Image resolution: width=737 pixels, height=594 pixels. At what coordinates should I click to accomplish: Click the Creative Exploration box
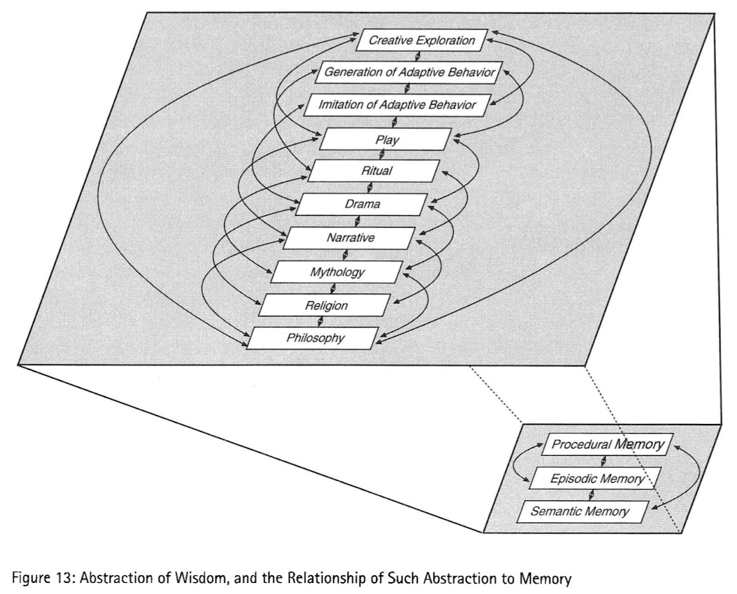[422, 40]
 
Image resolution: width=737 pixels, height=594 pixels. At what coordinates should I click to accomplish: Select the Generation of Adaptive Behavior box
[409, 72]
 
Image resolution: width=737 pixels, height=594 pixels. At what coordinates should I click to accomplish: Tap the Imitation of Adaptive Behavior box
[398, 105]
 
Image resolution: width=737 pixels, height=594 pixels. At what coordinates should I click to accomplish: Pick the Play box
[386, 139]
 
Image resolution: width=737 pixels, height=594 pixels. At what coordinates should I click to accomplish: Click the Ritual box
[373, 171]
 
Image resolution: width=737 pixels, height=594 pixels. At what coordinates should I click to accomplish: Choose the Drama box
[362, 205]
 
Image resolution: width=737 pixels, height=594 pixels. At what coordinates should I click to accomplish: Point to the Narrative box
[350, 238]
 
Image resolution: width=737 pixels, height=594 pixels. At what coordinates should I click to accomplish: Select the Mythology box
[337, 271]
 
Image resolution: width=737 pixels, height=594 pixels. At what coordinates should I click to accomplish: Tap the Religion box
[325, 305]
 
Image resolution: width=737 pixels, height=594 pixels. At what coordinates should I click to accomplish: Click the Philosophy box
[313, 338]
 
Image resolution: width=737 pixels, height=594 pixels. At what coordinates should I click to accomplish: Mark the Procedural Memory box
[607, 445]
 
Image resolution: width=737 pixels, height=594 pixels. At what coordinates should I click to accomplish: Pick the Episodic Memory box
[595, 478]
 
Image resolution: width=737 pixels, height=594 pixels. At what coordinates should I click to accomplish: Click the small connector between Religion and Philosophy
[320, 322]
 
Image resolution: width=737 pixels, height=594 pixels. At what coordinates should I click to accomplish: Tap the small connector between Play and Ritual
[381, 155]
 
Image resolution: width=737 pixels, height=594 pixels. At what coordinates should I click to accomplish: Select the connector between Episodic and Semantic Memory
[591, 495]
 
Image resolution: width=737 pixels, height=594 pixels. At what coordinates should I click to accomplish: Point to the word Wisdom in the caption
[202, 577]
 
